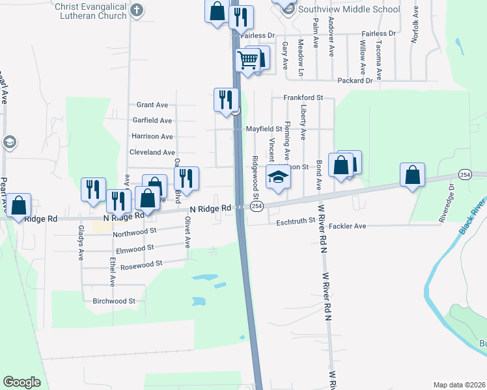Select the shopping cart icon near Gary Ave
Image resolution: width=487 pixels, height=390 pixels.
coord(248,60)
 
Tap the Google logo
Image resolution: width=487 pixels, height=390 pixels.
coord(21,382)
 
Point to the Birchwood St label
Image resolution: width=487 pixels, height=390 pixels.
coord(114,301)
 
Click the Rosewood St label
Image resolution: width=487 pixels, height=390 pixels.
coord(141,264)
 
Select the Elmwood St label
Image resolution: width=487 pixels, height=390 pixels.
coord(133,248)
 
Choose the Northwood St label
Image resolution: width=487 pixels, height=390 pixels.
coord(135,231)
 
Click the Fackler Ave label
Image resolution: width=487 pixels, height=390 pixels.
coord(348,226)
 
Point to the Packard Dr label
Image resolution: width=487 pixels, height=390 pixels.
coord(355,81)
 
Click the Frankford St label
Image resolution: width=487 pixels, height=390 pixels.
coord(303,97)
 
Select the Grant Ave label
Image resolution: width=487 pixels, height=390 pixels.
coord(152,105)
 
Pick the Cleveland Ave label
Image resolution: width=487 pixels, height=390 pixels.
coord(152,152)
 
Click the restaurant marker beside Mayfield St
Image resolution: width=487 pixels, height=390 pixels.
coord(225,99)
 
